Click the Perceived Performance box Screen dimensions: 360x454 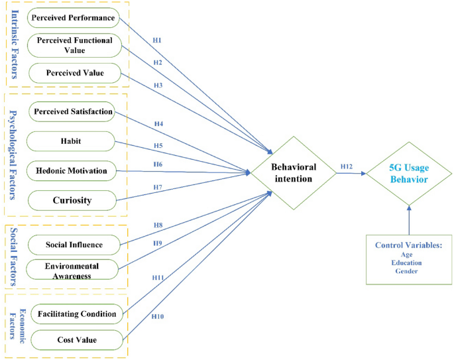coord(74,17)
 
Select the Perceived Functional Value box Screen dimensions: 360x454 coord(74,45)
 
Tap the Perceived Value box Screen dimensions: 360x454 coord(74,72)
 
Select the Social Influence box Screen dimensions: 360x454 coord(74,245)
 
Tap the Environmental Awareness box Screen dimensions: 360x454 coord(74,270)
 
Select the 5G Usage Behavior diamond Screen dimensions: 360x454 coord(409,174)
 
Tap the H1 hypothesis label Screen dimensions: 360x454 coord(157,40)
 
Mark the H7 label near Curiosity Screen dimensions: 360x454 coord(157,187)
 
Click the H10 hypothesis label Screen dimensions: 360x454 coord(157,316)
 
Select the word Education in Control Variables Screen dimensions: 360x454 coord(408,263)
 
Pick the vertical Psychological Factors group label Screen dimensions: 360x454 coord(15,154)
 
